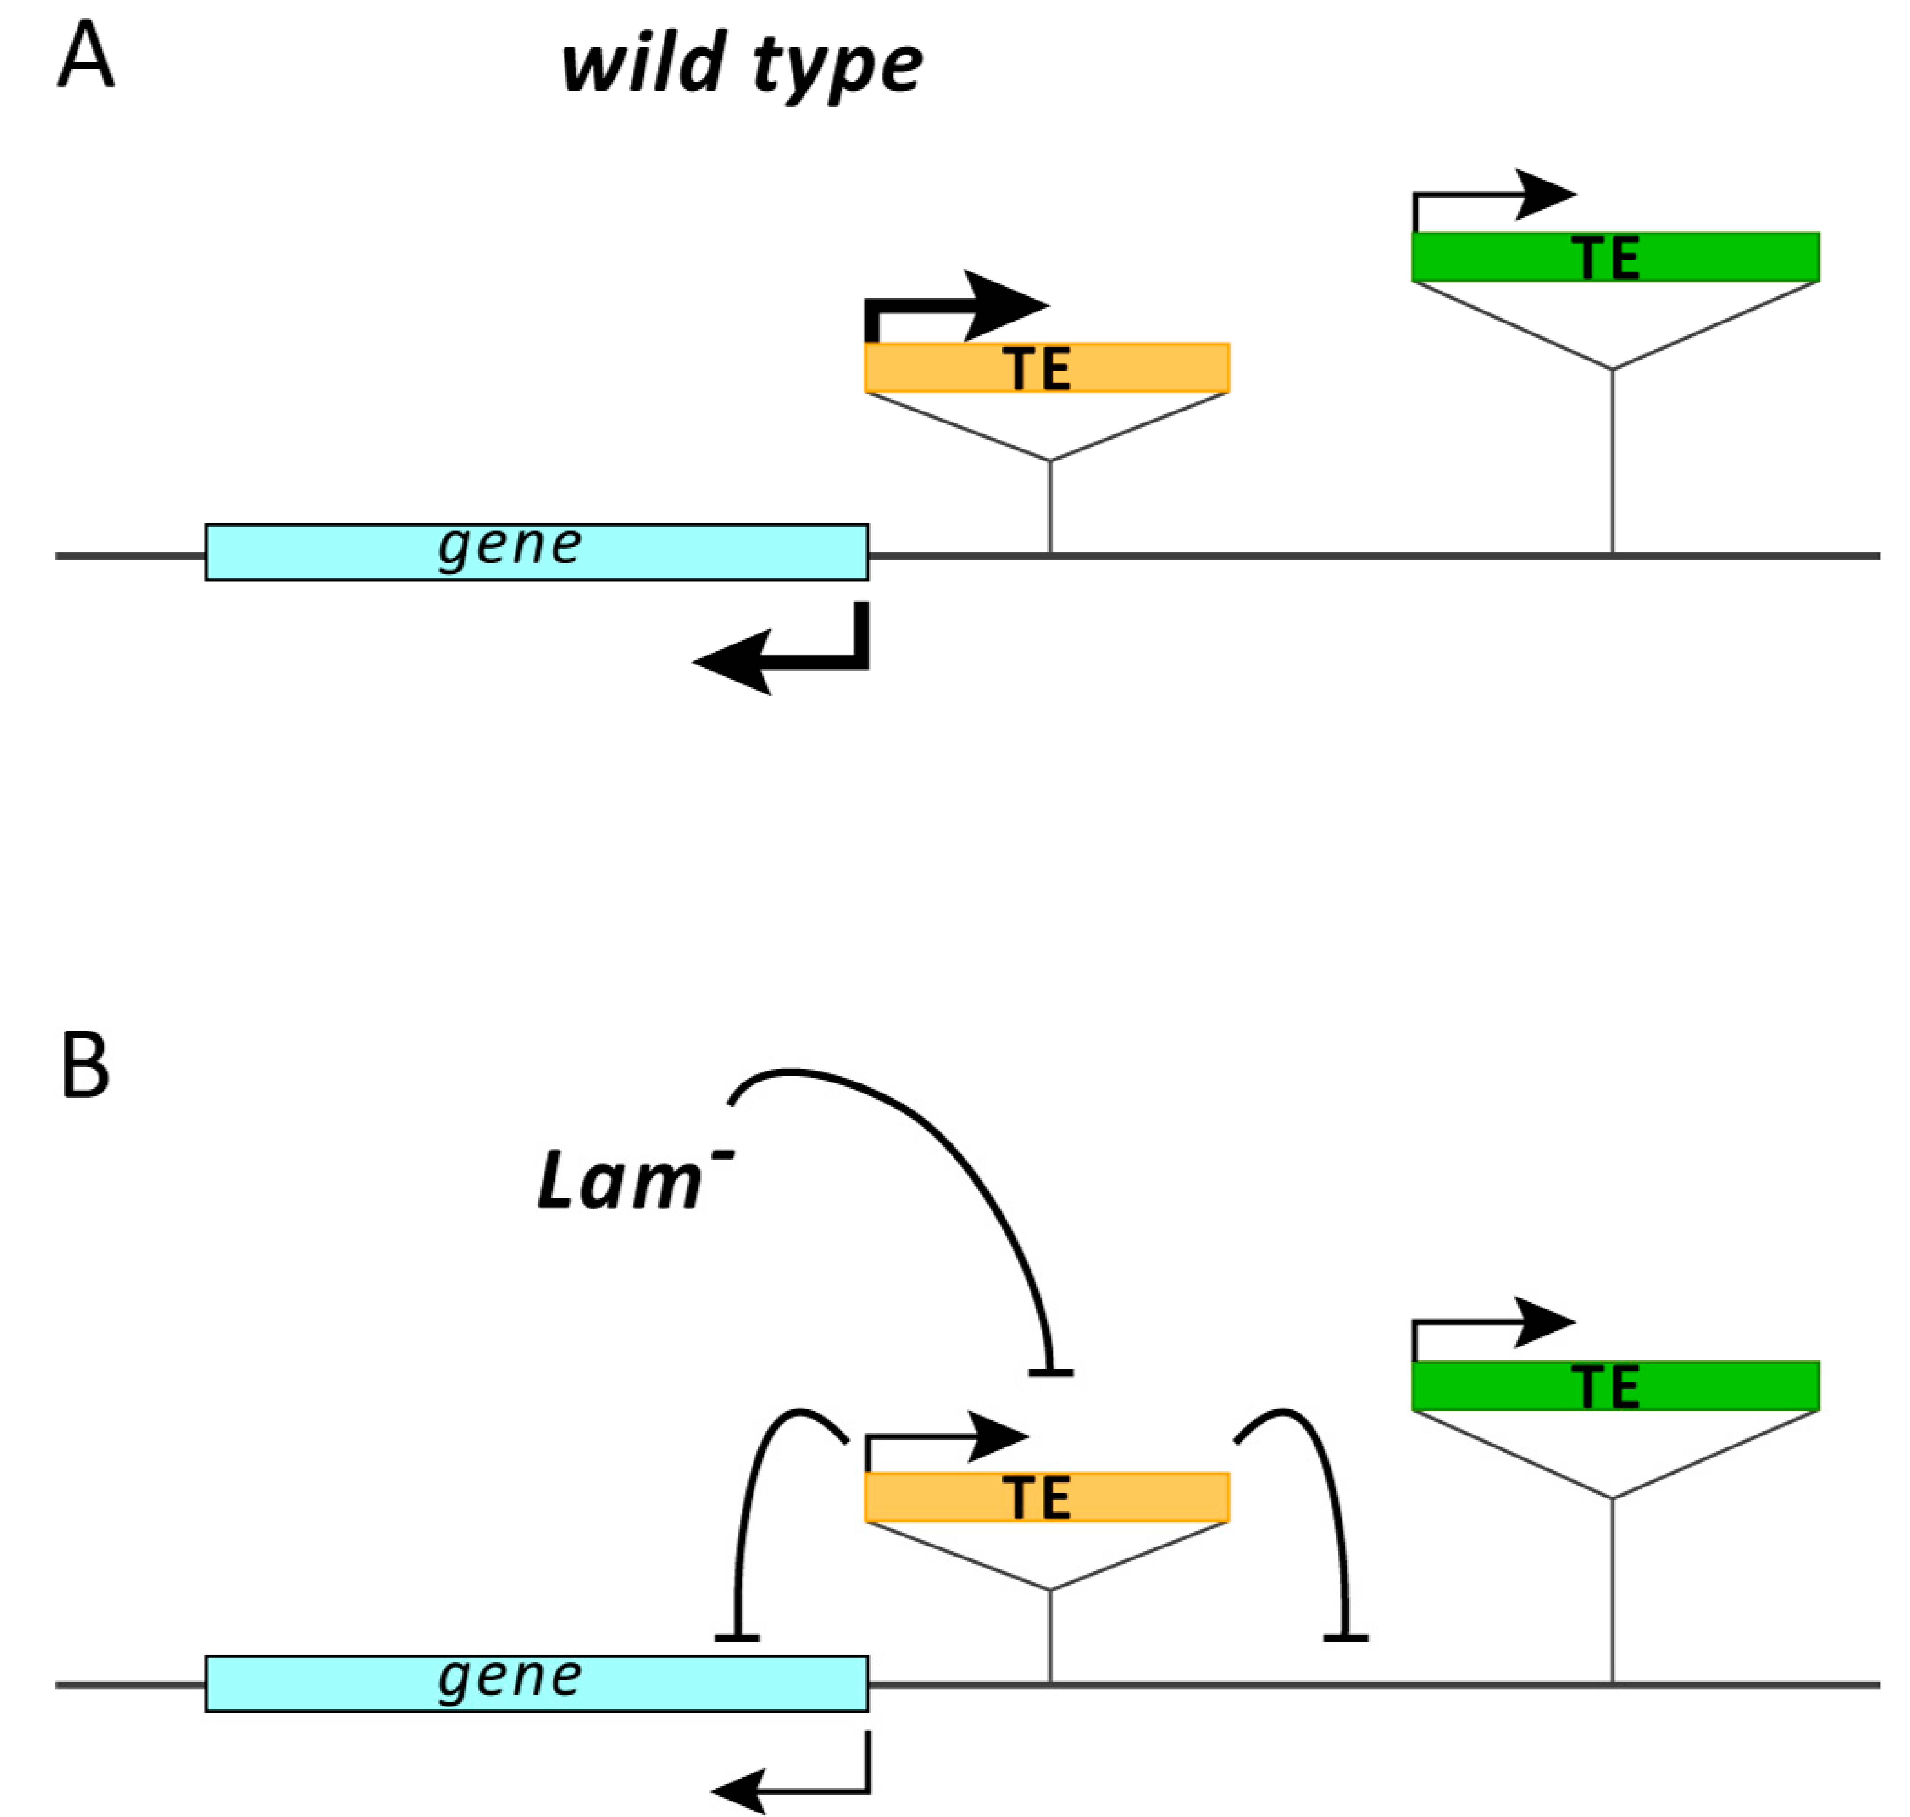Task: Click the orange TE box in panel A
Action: coord(1046,368)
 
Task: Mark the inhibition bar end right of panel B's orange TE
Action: coord(1345,1637)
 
